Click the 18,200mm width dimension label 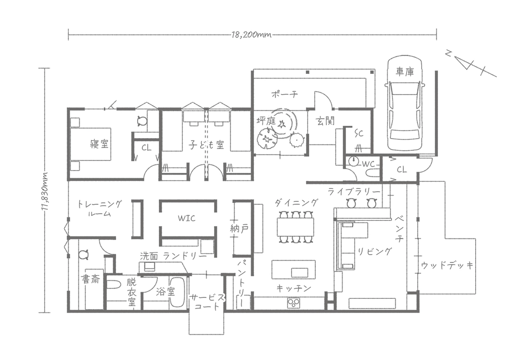point(252,34)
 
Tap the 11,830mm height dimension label point(45,190)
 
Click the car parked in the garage point(405,103)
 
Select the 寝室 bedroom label point(99,144)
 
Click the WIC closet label point(187,218)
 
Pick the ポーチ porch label point(284,94)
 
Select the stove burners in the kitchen point(293,302)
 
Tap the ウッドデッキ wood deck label point(447,265)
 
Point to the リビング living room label point(374,252)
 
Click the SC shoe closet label point(359,133)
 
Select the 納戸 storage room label point(239,228)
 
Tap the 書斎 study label point(90,279)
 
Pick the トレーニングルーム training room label point(100,208)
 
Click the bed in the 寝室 point(90,144)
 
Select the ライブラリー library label point(354,192)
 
